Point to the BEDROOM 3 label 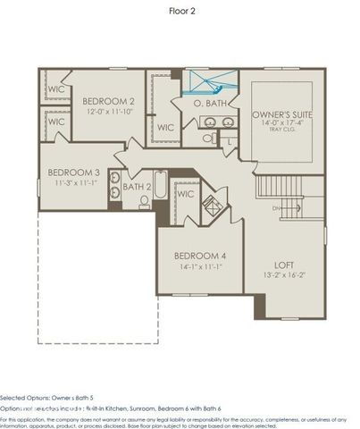pos(72,172)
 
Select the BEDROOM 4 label pos(200,256)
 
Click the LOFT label pos(284,265)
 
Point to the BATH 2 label pos(137,187)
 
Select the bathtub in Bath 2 pos(159,189)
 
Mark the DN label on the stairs pos(277,208)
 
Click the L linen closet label pos(230,142)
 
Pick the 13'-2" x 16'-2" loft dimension pos(284,276)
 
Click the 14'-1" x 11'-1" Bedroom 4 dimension pos(200,267)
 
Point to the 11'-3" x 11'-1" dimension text pos(72,182)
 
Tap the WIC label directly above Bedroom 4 pos(186,193)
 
